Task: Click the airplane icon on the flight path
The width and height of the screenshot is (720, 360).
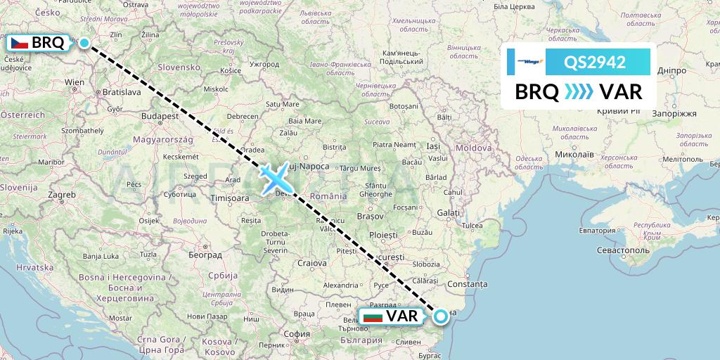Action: (x=274, y=178)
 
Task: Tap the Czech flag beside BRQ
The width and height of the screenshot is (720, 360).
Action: (x=20, y=43)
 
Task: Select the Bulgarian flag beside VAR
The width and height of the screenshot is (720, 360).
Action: (x=373, y=316)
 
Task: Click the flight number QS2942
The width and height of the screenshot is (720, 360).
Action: (x=595, y=63)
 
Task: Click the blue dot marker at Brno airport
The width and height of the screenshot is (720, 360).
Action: (x=84, y=43)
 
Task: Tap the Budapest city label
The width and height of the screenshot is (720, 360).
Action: (x=157, y=115)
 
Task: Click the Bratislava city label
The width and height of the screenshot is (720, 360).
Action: (x=121, y=92)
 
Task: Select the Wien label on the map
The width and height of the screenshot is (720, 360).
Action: (x=75, y=82)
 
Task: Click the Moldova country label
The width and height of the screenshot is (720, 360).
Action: (x=473, y=148)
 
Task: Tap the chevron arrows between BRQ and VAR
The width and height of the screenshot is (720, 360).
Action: (x=578, y=92)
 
